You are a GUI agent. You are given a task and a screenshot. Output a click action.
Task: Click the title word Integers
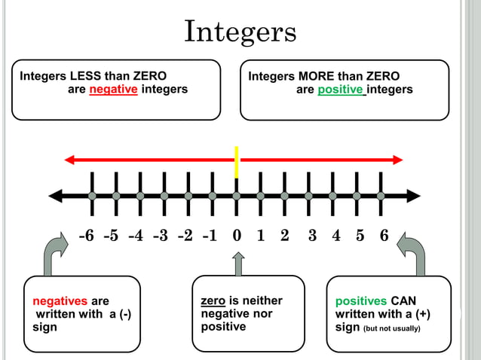pos(240,32)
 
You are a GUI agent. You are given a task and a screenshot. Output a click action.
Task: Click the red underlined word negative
pos(113,90)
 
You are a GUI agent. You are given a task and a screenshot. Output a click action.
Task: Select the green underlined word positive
pos(339,90)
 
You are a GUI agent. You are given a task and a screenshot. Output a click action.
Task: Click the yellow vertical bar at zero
pos(236,161)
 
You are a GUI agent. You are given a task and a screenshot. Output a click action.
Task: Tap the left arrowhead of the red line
pos(70,159)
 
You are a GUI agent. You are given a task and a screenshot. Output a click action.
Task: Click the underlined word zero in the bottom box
pos(213,301)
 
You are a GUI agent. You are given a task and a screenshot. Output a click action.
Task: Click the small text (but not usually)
pos(391,328)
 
